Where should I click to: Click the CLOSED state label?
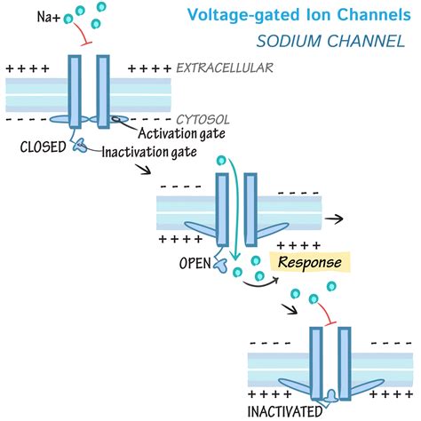(43, 147)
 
